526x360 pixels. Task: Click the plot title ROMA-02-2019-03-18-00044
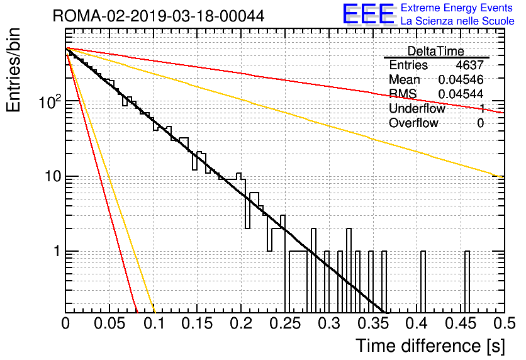[159, 16]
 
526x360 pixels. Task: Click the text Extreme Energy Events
[457, 8]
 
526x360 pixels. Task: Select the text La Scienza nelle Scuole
[457, 21]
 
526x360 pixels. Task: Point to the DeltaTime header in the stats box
[436, 51]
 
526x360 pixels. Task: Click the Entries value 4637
[470, 65]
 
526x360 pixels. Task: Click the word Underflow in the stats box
[417, 109]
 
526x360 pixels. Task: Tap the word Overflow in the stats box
[413, 123]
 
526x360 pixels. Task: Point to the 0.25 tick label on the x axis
[284, 324]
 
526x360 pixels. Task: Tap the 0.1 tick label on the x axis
[154, 324]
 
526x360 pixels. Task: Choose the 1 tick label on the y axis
[56, 252]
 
